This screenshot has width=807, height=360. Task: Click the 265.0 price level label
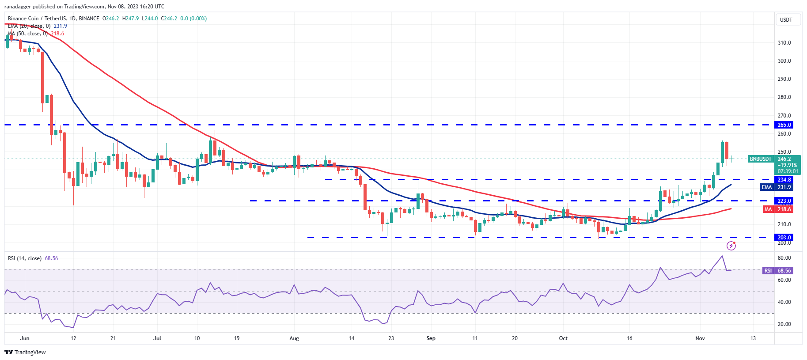click(784, 125)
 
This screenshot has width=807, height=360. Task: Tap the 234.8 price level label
click(784, 180)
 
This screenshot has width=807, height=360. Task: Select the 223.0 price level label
click(784, 201)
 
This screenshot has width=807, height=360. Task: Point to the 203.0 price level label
click(784, 238)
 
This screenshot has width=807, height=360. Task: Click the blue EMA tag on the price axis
click(767, 187)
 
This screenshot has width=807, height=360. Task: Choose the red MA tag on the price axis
click(768, 209)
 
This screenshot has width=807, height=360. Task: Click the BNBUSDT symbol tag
click(760, 159)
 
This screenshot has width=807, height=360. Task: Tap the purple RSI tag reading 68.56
click(768, 271)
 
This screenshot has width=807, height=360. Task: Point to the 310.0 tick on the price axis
click(784, 43)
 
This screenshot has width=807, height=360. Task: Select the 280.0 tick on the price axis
click(784, 97)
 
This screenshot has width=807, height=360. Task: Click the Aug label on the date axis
click(294, 338)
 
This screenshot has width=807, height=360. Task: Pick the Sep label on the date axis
click(431, 338)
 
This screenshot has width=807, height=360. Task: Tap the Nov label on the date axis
click(700, 338)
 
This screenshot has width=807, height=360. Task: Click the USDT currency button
click(786, 20)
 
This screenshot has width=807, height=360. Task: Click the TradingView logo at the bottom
click(25, 352)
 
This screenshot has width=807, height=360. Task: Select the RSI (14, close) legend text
click(25, 258)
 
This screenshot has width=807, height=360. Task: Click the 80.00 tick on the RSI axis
click(784, 258)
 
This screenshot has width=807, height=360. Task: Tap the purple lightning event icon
click(731, 246)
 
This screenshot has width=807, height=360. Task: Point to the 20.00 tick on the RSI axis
click(784, 324)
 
